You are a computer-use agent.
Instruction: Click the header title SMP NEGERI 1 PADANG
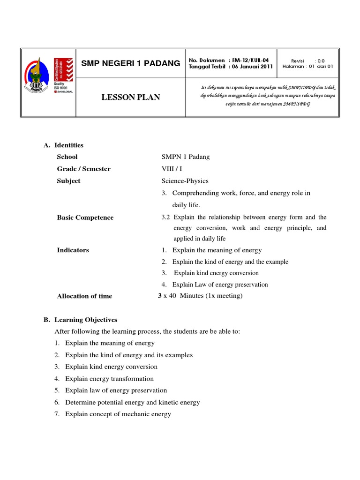pyautogui.click(x=131, y=63)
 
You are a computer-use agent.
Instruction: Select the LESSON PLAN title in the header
pyautogui.click(x=131, y=97)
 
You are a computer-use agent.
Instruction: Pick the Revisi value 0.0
pyautogui.click(x=320, y=60)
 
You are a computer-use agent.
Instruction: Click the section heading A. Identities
pyautogui.click(x=64, y=145)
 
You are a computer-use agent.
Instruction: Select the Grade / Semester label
pyautogui.click(x=83, y=169)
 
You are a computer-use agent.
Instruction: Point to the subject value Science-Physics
pyautogui.click(x=185, y=181)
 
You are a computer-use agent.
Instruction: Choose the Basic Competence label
pyautogui.click(x=85, y=217)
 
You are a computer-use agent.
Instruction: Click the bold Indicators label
pyautogui.click(x=73, y=250)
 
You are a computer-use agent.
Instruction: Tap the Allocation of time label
pyautogui.click(x=84, y=296)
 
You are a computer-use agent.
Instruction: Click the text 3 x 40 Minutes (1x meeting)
pyautogui.click(x=201, y=295)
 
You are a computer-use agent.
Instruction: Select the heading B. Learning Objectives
pyautogui.click(x=81, y=320)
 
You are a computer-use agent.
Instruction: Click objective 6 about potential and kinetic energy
pyautogui.click(x=132, y=402)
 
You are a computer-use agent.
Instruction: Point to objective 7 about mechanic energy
pyautogui.click(x=118, y=414)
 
